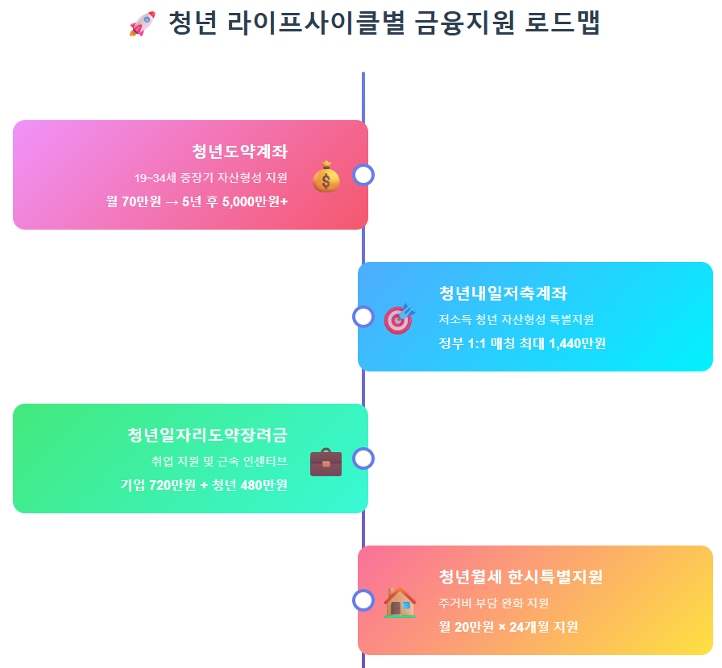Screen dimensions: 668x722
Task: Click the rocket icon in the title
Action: click(142, 24)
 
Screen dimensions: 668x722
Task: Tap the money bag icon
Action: click(326, 176)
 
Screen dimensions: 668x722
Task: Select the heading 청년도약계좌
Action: click(239, 151)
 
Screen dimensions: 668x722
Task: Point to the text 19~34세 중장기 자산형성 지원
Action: click(210, 177)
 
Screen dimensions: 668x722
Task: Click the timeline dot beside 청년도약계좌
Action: click(363, 175)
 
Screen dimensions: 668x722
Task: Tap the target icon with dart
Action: click(399, 318)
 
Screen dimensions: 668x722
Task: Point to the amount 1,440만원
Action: click(577, 343)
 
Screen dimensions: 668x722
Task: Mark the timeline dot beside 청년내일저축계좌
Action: click(363, 317)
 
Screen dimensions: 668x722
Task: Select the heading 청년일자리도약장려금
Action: click(207, 435)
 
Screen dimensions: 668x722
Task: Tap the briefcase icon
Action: click(326, 462)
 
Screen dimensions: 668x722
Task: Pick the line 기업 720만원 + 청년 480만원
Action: click(204, 485)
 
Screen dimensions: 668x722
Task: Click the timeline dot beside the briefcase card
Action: click(363, 458)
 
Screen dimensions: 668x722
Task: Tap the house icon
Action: click(400, 602)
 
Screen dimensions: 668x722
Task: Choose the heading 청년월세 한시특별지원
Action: click(521, 577)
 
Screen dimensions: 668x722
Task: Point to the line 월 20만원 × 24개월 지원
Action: click(508, 627)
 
